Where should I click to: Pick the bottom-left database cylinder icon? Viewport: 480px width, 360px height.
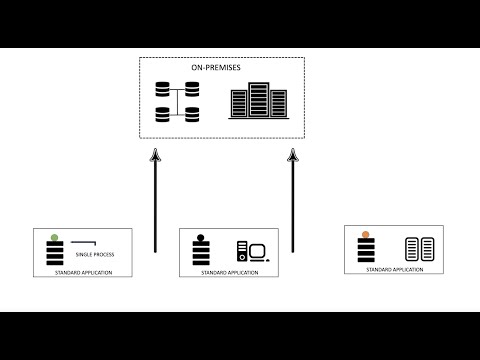click(163, 114)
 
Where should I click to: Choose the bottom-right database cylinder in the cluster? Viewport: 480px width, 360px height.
click(192, 114)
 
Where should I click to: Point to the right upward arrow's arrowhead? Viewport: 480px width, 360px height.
click(293, 154)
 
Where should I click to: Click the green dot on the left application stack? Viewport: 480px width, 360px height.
click(54, 238)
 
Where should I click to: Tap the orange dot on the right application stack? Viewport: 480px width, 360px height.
click(367, 236)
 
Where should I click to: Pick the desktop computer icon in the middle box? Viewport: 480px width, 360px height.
click(250, 253)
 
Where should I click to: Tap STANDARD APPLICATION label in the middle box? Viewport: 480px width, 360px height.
click(228, 272)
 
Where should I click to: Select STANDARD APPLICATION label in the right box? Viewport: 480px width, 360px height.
click(393, 270)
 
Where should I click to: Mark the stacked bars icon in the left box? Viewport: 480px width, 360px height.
click(54, 255)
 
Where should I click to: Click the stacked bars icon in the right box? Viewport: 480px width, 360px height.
click(367, 252)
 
